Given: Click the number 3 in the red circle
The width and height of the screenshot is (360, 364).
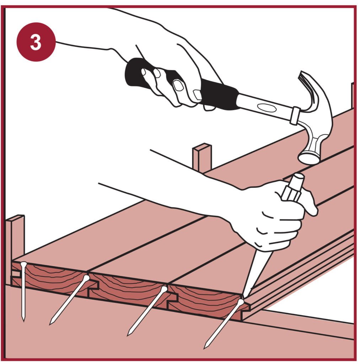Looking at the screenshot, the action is (x=36, y=42).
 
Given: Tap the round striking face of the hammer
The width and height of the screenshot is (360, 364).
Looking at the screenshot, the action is (x=308, y=158).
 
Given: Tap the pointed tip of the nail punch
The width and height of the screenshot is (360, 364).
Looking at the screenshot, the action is (x=243, y=296).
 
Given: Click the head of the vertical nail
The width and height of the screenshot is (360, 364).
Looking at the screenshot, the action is (x=23, y=264).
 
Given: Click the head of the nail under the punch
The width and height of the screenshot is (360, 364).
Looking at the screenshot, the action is (x=241, y=302).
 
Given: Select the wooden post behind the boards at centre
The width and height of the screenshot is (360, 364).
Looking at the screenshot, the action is (x=202, y=158).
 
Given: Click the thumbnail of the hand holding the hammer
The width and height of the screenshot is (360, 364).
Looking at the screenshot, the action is (x=178, y=85).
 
